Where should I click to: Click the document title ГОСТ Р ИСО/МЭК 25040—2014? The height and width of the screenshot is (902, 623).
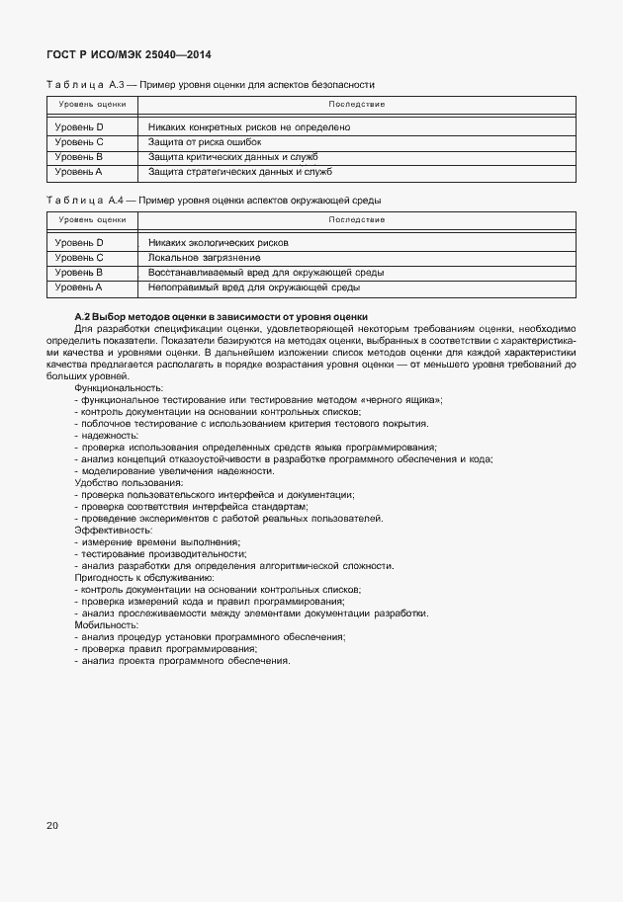pyautogui.click(x=129, y=55)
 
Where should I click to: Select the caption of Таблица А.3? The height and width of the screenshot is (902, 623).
pyautogui.click(x=211, y=85)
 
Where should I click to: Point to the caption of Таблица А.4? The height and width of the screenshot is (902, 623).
pyautogui.click(x=214, y=201)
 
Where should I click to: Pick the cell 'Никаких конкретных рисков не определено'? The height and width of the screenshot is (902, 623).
pyautogui.click(x=249, y=127)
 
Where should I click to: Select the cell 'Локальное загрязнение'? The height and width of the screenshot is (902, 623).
pyautogui.click(x=204, y=257)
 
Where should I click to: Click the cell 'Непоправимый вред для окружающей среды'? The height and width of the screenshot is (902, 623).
pyautogui.click(x=253, y=287)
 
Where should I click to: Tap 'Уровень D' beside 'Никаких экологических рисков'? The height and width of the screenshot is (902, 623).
pyautogui.click(x=79, y=242)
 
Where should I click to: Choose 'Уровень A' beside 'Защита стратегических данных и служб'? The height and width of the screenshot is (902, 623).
pyautogui.click(x=79, y=172)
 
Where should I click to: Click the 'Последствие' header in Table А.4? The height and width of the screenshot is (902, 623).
pyautogui.click(x=357, y=219)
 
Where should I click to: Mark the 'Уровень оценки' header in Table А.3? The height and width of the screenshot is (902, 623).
pyautogui.click(x=91, y=104)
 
